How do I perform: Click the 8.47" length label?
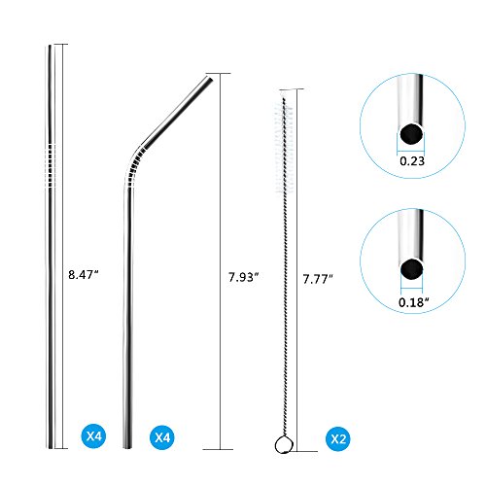pyautogui.click(x=83, y=275)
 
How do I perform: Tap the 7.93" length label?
pyautogui.click(x=244, y=277)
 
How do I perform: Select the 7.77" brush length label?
pyautogui.click(x=318, y=279)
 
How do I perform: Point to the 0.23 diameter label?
pyautogui.click(x=412, y=161)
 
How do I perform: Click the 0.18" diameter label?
pyautogui.click(x=414, y=302)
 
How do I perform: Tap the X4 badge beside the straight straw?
pyautogui.click(x=93, y=435)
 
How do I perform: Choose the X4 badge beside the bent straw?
pyautogui.click(x=162, y=437)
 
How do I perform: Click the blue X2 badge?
pyautogui.click(x=338, y=439)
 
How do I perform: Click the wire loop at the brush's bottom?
pyautogui.click(x=284, y=445)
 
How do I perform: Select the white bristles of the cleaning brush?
pyautogui.click(x=284, y=149)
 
